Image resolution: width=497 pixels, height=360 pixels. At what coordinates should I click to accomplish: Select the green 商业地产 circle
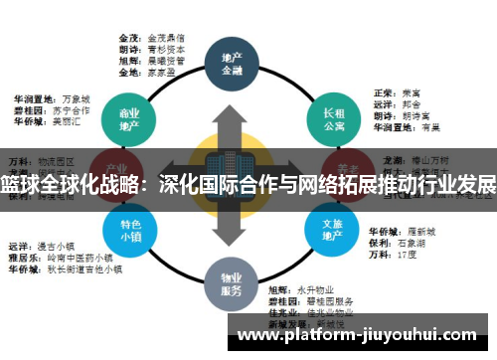pos(127,117)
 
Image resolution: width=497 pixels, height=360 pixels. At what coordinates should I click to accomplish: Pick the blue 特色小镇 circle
pos(128,231)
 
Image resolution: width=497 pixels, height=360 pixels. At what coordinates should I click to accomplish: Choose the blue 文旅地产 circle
pos(333,231)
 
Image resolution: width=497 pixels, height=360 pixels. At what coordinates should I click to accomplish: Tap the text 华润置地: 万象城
pos(50,100)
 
